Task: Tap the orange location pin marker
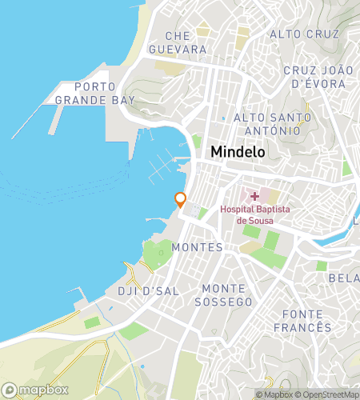[x=181, y=199]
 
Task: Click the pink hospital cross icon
[x=254, y=195]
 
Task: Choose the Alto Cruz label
[x=305, y=34]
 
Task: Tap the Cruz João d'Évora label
[x=318, y=76]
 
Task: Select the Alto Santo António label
[x=266, y=124]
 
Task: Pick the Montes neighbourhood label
[x=197, y=247]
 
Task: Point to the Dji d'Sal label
[x=148, y=290]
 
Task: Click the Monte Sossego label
[x=228, y=294]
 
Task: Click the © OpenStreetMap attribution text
[x=328, y=394]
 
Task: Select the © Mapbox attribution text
[x=273, y=394]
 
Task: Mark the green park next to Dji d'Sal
[x=158, y=254]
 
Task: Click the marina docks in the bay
[x=163, y=167]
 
